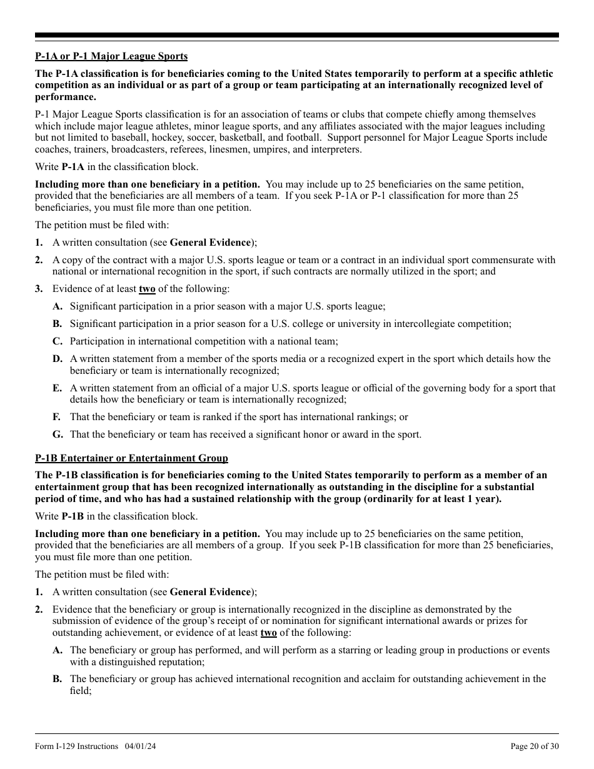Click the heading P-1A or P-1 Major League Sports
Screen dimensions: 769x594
pyautogui.click(x=111, y=56)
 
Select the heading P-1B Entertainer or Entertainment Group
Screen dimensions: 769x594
pyautogui.click(x=131, y=458)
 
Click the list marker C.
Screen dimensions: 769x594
pyautogui.click(x=58, y=341)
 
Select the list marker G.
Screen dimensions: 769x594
pyautogui.click(x=58, y=435)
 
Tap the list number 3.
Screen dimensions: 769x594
pyautogui.click(x=39, y=289)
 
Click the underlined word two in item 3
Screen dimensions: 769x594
pyautogui.click(x=147, y=289)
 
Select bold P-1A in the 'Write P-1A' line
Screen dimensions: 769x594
pyautogui.click(x=73, y=167)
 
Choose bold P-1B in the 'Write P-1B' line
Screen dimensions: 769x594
pyautogui.click(x=73, y=516)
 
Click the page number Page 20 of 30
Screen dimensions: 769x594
pyautogui.click(x=535, y=746)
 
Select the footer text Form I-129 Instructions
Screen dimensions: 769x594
pyautogui.click(x=77, y=746)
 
